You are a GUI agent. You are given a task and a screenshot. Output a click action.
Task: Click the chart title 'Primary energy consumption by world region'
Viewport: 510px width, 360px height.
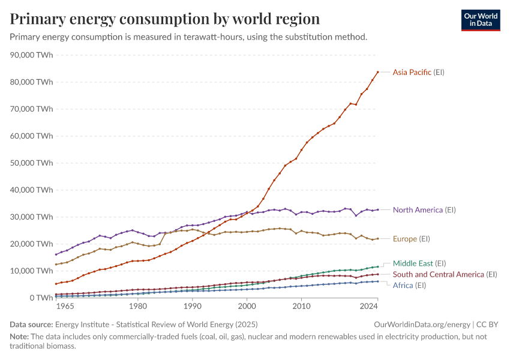(x=165, y=19)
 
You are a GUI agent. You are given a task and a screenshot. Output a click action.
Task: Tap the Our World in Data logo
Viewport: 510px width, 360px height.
(x=480, y=20)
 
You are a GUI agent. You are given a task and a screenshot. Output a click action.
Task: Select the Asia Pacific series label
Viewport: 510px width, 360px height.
(x=418, y=72)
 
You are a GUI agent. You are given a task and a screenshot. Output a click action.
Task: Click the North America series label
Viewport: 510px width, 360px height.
(x=424, y=210)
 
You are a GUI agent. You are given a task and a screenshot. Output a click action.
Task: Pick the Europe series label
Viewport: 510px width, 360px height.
(x=411, y=239)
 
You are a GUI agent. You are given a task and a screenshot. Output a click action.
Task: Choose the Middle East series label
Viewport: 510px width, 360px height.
(x=419, y=263)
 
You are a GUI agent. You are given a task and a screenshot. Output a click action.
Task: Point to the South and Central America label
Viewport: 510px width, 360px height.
(x=445, y=274)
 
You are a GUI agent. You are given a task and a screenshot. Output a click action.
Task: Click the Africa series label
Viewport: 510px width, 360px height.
(x=409, y=285)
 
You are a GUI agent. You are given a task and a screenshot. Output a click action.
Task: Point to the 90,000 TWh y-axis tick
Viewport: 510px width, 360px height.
(x=32, y=55)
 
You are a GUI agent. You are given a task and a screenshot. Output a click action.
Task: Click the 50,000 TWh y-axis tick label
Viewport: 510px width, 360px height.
(x=32, y=163)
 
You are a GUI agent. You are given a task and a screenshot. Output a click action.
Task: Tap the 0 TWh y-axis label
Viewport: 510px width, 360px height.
(x=40, y=298)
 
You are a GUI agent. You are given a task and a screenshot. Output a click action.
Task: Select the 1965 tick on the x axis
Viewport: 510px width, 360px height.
(x=65, y=306)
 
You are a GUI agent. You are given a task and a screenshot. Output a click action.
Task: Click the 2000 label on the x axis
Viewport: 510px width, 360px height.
(x=247, y=306)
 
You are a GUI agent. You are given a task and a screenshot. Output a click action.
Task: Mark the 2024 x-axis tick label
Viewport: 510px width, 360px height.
(x=369, y=306)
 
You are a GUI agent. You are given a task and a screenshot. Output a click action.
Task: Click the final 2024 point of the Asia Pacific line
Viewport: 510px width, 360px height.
(x=377, y=72)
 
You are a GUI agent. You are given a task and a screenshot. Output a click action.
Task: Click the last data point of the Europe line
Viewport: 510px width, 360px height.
(x=377, y=238)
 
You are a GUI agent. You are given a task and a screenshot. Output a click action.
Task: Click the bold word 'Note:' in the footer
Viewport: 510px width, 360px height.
(x=20, y=337)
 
